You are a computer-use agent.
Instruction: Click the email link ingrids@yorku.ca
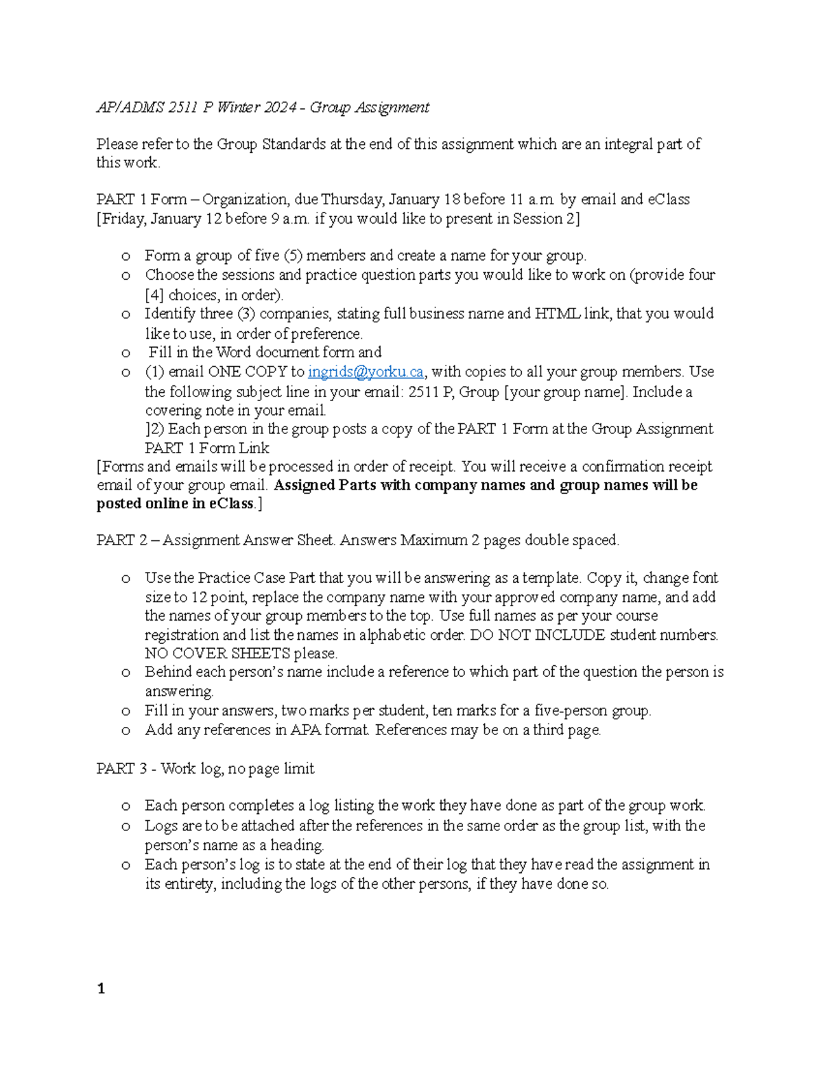click(x=366, y=372)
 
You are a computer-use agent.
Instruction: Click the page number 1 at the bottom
click(x=101, y=988)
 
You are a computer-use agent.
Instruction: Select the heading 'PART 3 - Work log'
click(x=205, y=769)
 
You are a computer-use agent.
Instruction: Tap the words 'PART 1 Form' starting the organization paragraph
click(x=141, y=200)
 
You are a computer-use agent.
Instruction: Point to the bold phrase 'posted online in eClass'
click(x=175, y=504)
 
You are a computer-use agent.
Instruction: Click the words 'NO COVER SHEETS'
click(x=217, y=654)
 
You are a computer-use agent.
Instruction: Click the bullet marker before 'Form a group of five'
click(x=125, y=256)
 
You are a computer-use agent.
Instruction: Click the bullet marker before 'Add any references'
click(x=125, y=731)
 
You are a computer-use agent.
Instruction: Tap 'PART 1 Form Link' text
click(x=206, y=448)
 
